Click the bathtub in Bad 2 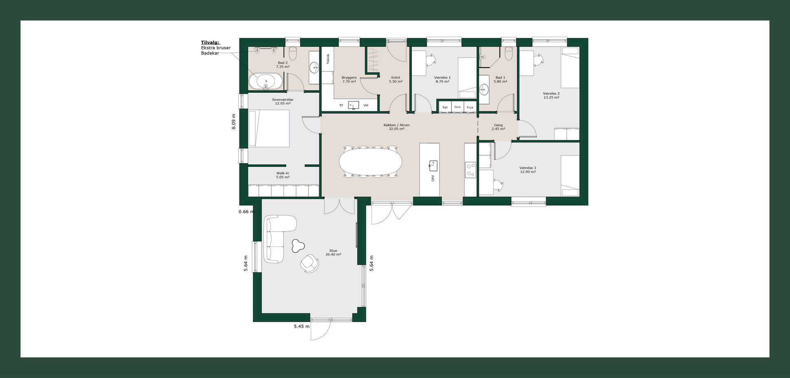pyautogui.click(x=266, y=81)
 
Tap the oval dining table pyautogui.click(x=370, y=161)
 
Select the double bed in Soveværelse pyautogui.click(x=269, y=128)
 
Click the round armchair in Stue pyautogui.click(x=309, y=263)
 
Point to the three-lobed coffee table pyautogui.click(x=297, y=246)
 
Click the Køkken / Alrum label pyautogui.click(x=396, y=125)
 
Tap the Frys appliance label pyautogui.click(x=470, y=107)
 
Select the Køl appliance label pyautogui.click(x=445, y=107)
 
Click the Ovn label pyautogui.click(x=458, y=107)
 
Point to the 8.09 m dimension pyautogui.click(x=234, y=122)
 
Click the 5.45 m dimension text pyautogui.click(x=302, y=326)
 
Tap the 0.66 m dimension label pyautogui.click(x=246, y=212)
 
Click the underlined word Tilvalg pyautogui.click(x=210, y=42)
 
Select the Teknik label pyautogui.click(x=328, y=59)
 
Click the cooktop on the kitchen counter pyautogui.click(x=470, y=170)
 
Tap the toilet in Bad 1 pyautogui.click(x=509, y=53)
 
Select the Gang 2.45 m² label pyautogui.click(x=498, y=127)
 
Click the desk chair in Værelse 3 pyautogui.click(x=498, y=185)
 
